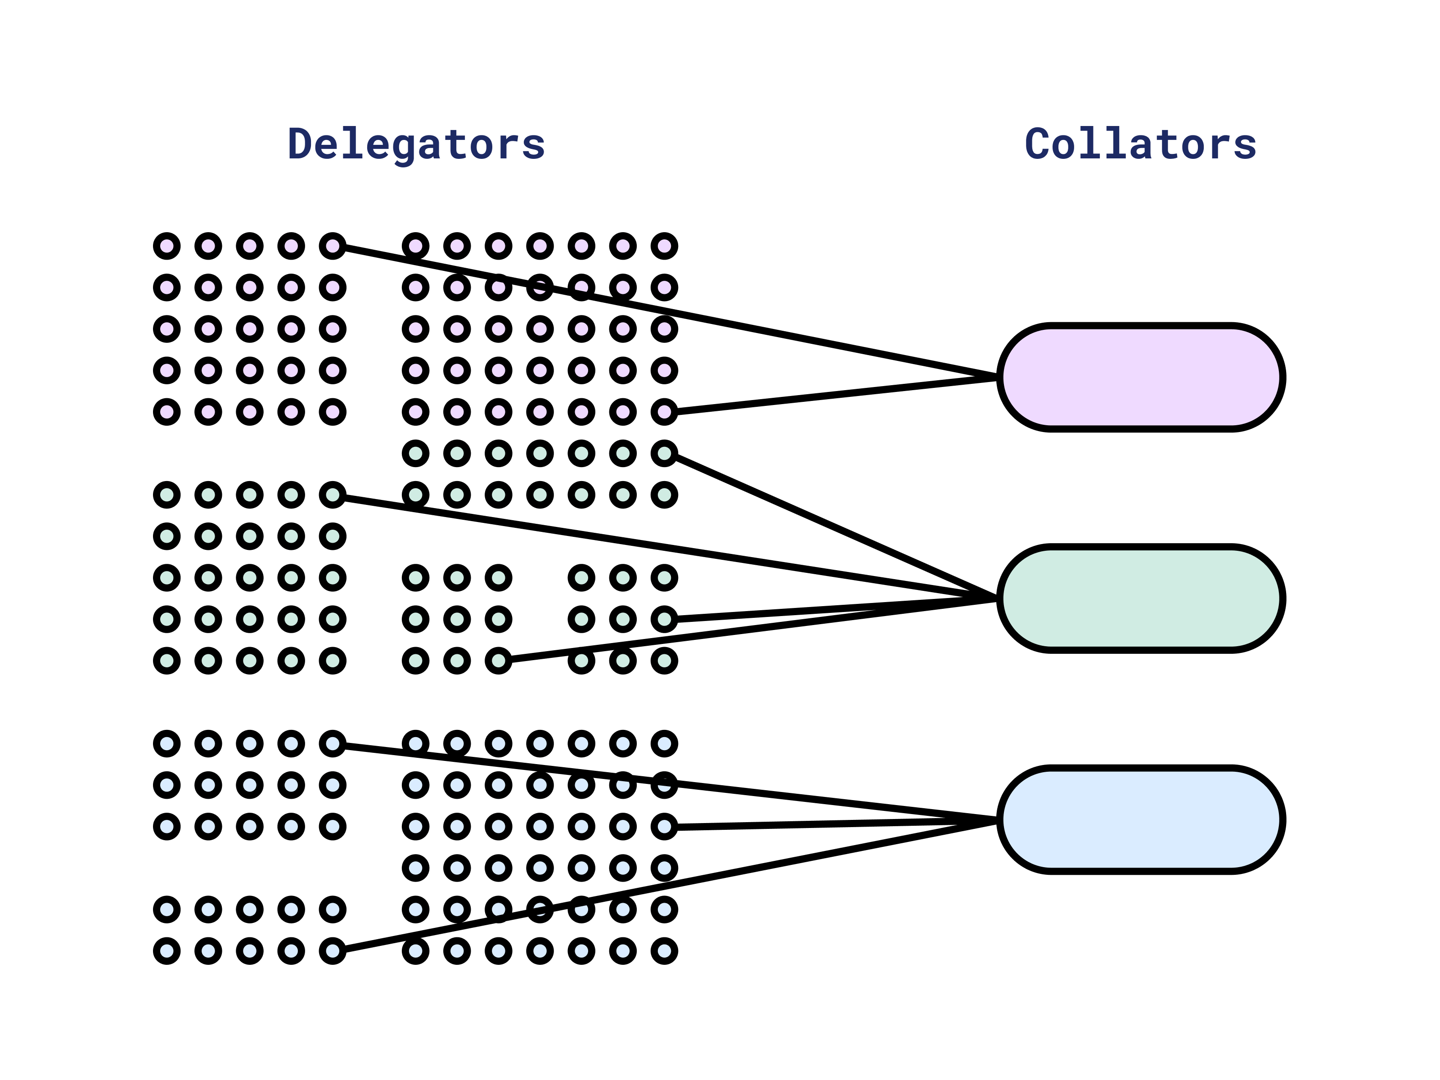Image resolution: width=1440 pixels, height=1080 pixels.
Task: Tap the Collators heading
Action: tap(1141, 144)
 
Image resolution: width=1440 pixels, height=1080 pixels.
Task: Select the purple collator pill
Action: tap(1141, 377)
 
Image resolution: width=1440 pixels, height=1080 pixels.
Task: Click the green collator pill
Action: tap(1141, 598)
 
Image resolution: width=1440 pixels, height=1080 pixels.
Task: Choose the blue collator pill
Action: tap(1141, 819)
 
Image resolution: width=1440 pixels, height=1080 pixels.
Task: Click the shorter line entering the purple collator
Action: tap(833, 394)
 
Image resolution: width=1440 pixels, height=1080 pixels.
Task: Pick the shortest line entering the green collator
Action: tap(833, 609)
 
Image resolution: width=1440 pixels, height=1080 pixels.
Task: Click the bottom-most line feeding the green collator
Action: tap(749, 630)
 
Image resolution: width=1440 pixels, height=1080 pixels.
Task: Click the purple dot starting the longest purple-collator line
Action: tap(333, 246)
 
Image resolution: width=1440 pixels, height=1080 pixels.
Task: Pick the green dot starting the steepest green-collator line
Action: tap(664, 453)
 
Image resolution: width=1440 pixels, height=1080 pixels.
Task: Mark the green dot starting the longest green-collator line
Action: tap(333, 495)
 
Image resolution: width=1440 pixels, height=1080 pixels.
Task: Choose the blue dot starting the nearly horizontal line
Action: tap(664, 827)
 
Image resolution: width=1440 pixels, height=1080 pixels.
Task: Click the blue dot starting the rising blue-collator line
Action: tap(333, 951)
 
